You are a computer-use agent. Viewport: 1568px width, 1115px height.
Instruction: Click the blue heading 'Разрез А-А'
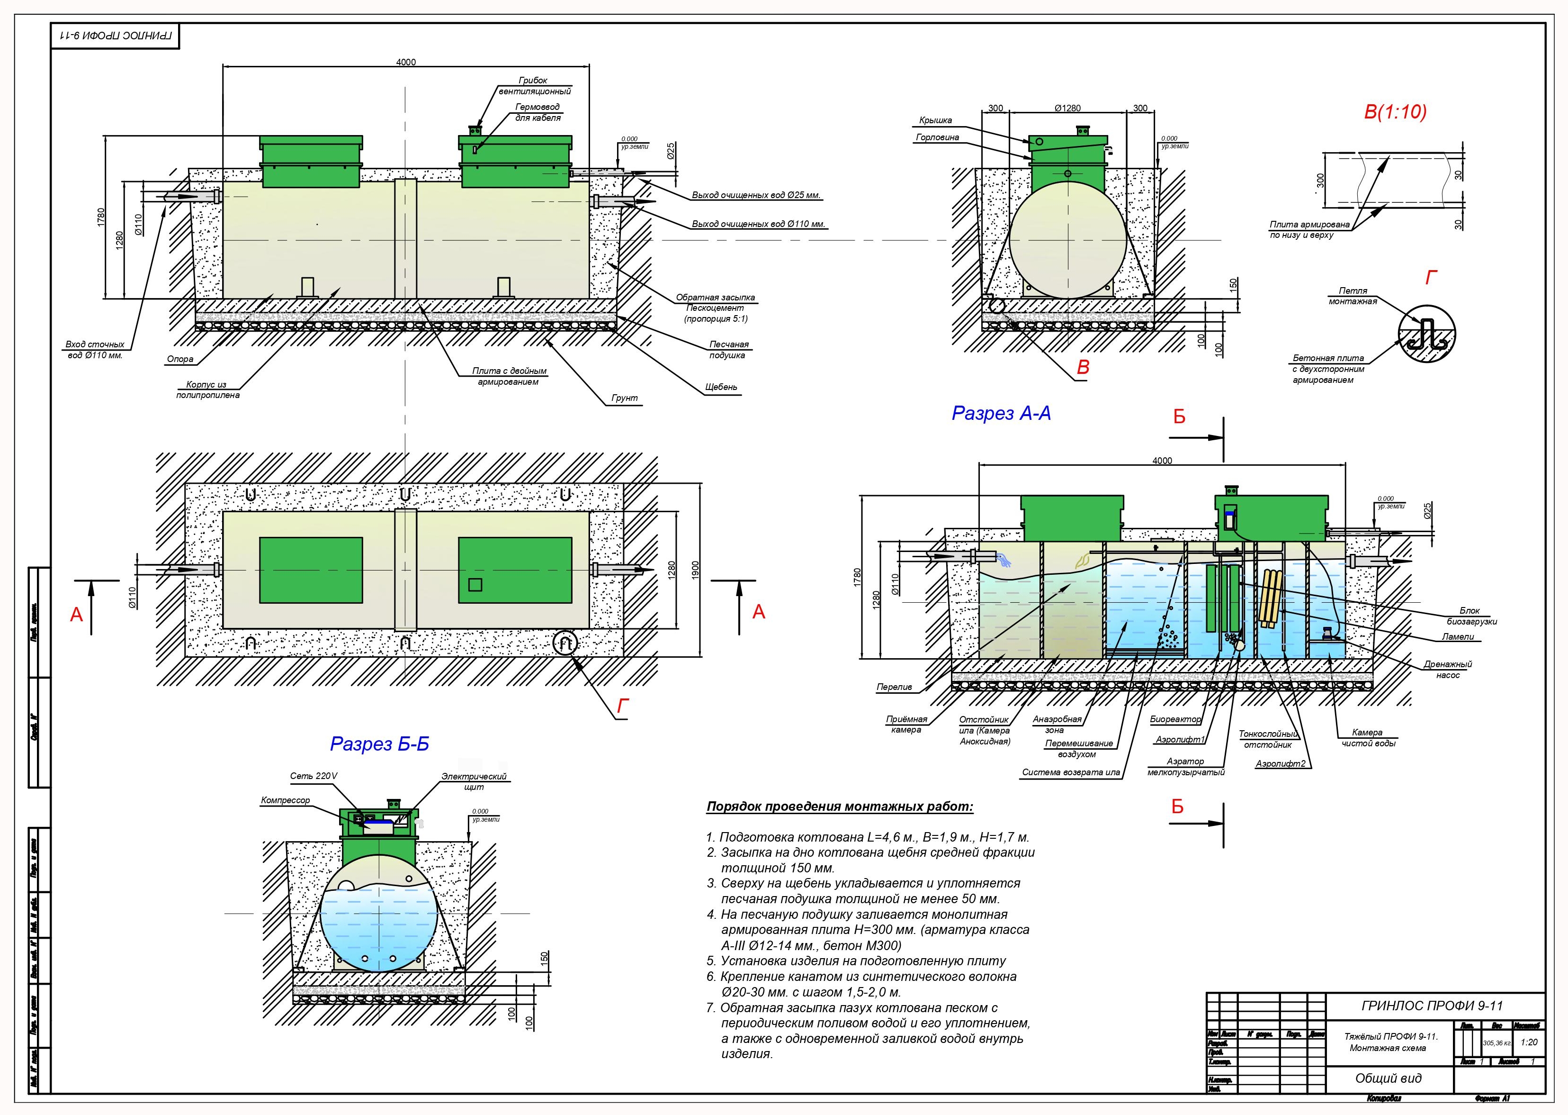pyautogui.click(x=1001, y=413)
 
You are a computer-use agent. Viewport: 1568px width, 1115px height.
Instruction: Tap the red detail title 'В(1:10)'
pyautogui.click(x=1395, y=112)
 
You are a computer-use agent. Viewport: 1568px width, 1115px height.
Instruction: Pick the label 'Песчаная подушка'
pyautogui.click(x=729, y=349)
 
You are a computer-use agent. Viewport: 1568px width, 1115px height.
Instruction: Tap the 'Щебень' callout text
pyautogui.click(x=720, y=387)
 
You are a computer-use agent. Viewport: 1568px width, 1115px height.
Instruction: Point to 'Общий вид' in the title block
pyautogui.click(x=1388, y=1078)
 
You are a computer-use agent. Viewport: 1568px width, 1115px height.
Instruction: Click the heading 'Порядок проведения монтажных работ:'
pyautogui.click(x=839, y=807)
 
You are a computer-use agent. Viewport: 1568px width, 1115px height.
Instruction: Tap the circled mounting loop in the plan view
pyautogui.click(x=565, y=644)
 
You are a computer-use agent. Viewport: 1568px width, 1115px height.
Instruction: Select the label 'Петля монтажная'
pyautogui.click(x=1353, y=296)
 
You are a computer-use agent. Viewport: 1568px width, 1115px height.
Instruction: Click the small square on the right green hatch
pyautogui.click(x=474, y=585)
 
